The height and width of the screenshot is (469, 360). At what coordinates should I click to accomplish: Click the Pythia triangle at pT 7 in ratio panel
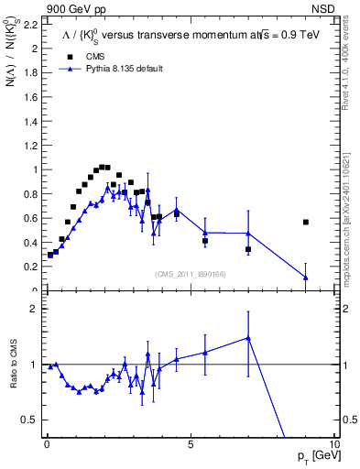(x=248, y=338)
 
